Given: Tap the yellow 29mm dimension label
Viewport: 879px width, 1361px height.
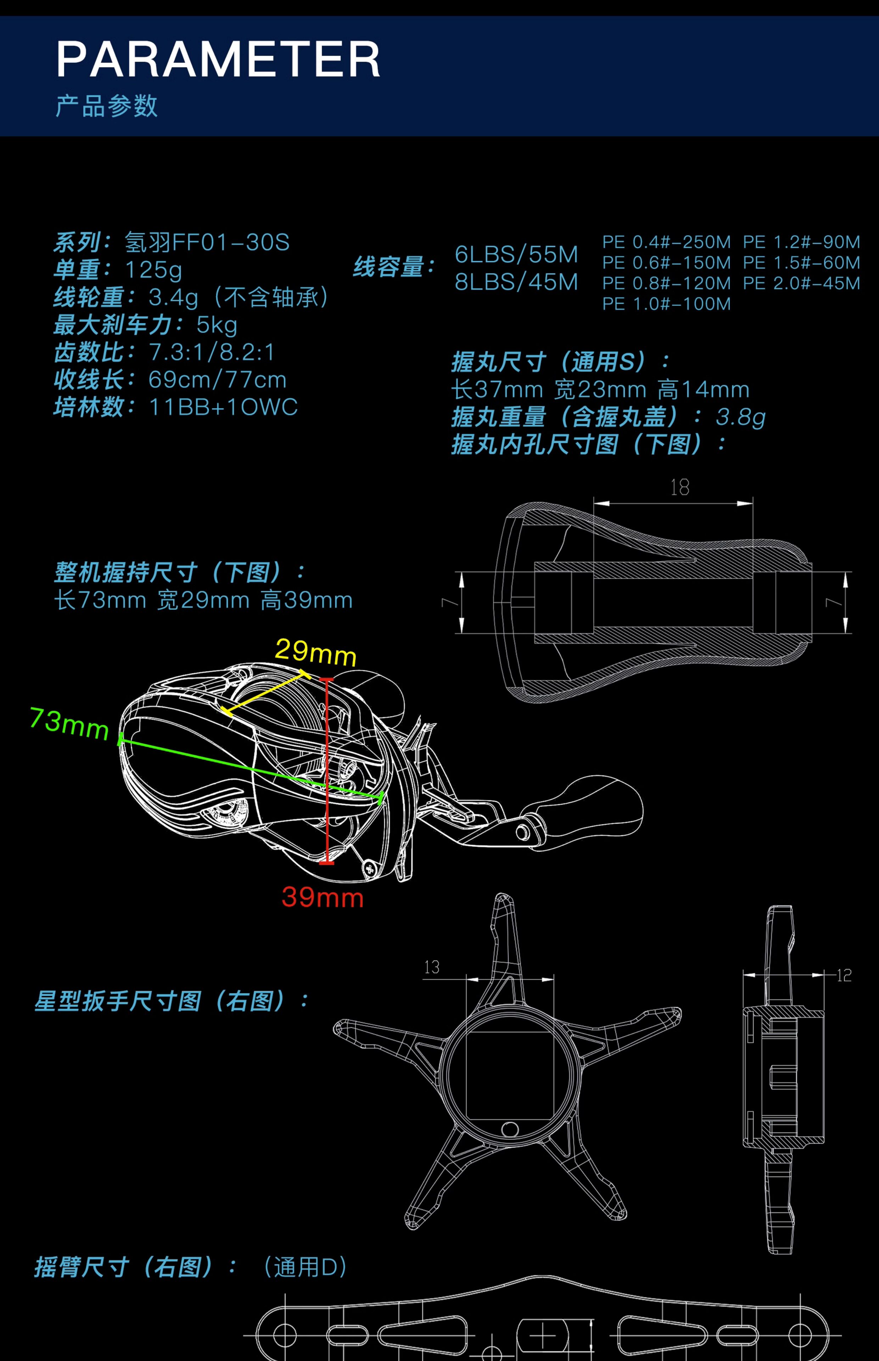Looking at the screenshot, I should pos(316,652).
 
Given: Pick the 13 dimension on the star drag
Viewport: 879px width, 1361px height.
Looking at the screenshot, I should pos(432,967).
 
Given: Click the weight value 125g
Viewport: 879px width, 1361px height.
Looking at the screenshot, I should pos(153,270).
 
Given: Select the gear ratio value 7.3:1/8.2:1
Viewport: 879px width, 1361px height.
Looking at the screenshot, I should pos(212,353).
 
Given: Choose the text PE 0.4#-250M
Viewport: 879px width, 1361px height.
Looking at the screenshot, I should pos(666,242).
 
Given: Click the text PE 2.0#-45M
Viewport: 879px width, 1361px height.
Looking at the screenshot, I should pos(801,284).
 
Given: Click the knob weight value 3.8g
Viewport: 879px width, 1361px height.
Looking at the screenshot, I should pos(740,417).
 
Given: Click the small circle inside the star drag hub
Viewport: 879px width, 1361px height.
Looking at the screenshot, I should pos(510,1129).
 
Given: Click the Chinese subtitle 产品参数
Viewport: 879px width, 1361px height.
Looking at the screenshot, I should pos(106,106).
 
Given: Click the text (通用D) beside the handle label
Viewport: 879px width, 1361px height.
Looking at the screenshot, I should pos(306,1267).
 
